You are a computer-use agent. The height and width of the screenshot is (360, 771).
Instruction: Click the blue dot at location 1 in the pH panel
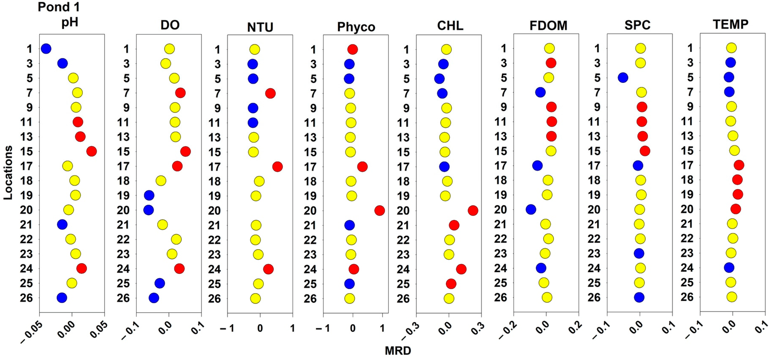point(46,48)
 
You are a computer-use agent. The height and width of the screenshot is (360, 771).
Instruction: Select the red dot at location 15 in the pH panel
point(92,151)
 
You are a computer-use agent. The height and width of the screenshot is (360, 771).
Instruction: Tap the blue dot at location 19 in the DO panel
point(149,195)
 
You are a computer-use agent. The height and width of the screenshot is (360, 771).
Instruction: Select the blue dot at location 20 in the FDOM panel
point(531,210)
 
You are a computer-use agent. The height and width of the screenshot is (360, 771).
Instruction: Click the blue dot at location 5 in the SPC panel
point(623,77)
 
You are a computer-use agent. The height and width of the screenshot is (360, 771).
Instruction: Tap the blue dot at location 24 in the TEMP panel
point(729,268)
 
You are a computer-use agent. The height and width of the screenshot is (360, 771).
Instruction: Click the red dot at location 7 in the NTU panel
point(270,93)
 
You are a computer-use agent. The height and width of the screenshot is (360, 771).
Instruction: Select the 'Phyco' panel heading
point(356,27)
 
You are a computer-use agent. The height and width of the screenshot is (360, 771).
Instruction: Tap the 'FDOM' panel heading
point(548,26)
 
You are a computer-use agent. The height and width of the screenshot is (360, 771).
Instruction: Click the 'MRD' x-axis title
point(398,350)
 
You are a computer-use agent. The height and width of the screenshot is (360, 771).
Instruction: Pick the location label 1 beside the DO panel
point(126,49)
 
